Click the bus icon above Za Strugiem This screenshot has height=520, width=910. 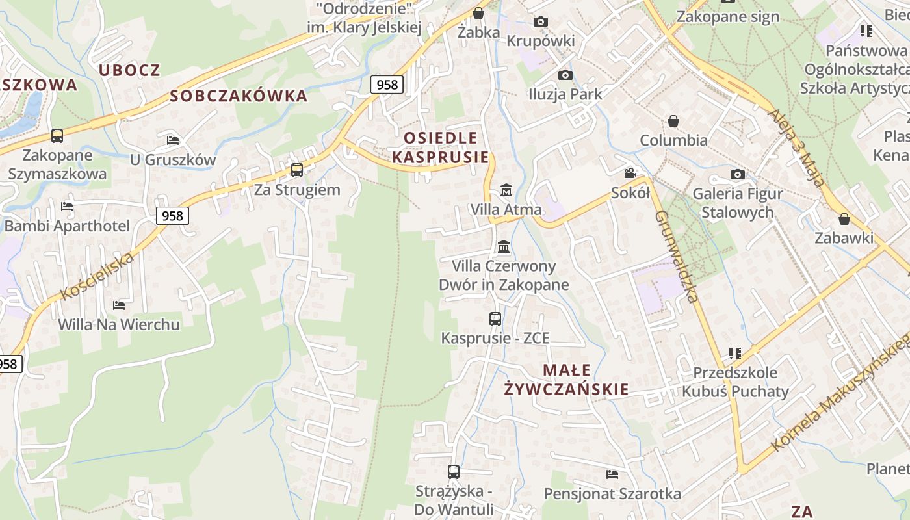pos(296,170)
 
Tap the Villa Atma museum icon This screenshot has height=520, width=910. pos(506,190)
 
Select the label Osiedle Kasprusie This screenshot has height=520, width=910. pos(441,148)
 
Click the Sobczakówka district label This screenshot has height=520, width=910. pos(239,96)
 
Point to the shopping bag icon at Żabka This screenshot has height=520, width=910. pos(478,13)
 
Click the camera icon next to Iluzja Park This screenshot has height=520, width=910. pos(565,75)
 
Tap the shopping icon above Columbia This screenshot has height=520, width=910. pos(673,121)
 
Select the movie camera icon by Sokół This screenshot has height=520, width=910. pos(630,173)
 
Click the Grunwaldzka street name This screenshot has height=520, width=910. pos(677,256)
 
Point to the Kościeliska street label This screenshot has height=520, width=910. pos(97,276)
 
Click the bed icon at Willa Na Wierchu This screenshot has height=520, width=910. pos(119,305)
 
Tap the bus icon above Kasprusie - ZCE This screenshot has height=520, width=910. pos(495,319)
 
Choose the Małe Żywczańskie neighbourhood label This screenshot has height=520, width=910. pos(567,380)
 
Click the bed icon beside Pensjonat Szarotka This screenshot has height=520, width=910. pos(612,474)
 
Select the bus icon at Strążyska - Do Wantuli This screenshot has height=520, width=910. pos(454,472)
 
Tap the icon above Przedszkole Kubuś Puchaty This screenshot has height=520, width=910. pos(735,354)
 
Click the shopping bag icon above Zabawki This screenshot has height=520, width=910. pos(844,219)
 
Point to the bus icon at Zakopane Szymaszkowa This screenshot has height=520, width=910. pos(57,135)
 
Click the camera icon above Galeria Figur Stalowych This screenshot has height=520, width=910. pos(737,174)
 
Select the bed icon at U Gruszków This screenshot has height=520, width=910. pos(172,140)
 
